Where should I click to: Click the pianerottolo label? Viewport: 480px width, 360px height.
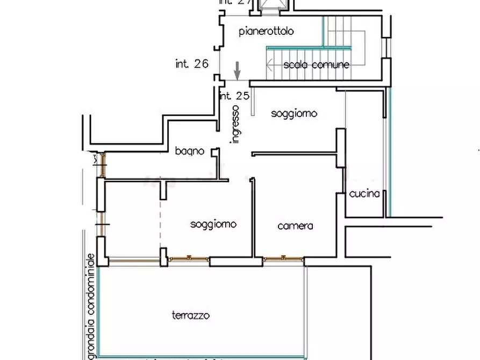pyautogui.click(x=266, y=31)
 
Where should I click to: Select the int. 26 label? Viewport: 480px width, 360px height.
pyautogui.click(x=192, y=63)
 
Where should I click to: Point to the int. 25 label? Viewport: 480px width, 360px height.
pyautogui.click(x=235, y=97)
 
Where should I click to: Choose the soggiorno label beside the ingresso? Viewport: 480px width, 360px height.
pyautogui.click(x=293, y=113)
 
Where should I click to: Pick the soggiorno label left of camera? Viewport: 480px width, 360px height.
pyautogui.click(x=213, y=224)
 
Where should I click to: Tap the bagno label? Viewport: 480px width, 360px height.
pyautogui.click(x=189, y=152)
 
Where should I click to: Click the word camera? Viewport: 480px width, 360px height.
pyautogui.click(x=295, y=226)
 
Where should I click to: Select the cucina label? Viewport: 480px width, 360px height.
pyautogui.click(x=365, y=194)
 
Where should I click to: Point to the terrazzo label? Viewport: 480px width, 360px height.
pyautogui.click(x=190, y=315)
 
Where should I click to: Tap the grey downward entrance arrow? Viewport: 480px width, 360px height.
pyautogui.click(x=237, y=70)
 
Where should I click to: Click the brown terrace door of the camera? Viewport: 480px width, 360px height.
pyautogui.click(x=283, y=259)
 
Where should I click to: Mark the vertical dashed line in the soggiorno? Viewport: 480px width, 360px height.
pyautogui.click(x=160, y=215)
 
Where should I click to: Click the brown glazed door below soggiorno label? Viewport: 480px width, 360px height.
pyautogui.click(x=188, y=258)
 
